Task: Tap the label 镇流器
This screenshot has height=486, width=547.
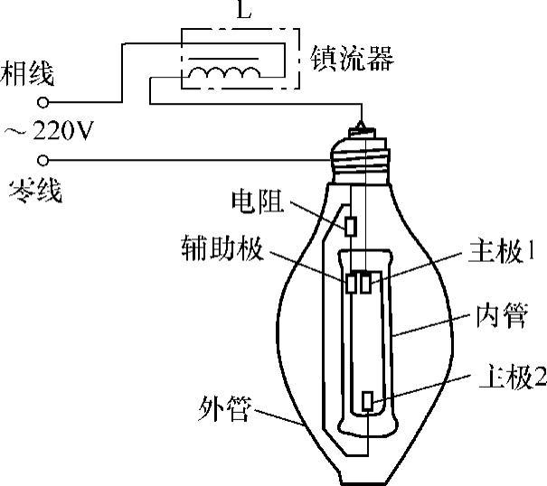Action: tap(351, 61)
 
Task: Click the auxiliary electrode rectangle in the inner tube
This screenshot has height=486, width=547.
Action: tap(351, 283)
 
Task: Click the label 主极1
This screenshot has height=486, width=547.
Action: tap(496, 253)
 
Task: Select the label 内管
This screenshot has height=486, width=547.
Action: tap(496, 319)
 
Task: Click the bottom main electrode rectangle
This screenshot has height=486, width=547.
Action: tap(367, 400)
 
